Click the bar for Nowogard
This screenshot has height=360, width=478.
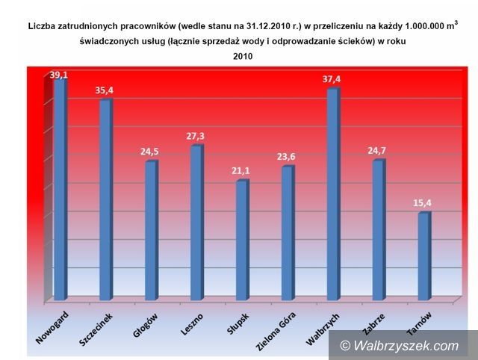59,190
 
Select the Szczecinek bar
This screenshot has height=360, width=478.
105,200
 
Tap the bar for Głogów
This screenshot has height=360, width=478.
151,232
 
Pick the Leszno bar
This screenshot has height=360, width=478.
196,224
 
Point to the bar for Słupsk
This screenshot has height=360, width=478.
241,241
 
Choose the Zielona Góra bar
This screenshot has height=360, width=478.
288,235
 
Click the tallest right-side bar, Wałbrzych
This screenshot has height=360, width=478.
333,196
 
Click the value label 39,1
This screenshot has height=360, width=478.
59,75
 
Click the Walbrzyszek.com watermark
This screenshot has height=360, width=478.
400,345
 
